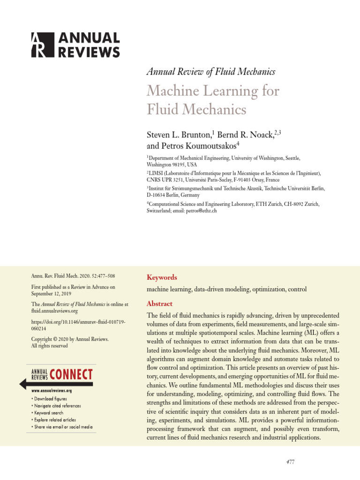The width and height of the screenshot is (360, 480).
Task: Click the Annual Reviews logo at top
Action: click(x=75, y=45)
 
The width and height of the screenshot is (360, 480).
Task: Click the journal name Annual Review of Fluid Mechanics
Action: click(x=210, y=72)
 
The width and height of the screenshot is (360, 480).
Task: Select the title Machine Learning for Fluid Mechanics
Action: click(x=213, y=100)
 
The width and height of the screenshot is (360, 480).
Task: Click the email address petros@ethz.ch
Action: click(x=201, y=211)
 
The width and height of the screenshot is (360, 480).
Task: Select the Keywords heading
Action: click(x=162, y=277)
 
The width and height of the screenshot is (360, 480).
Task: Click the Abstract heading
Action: click(x=159, y=303)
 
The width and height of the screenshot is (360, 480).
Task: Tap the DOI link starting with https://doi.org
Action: click(x=78, y=326)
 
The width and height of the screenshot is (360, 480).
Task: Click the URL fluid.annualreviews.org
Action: click(x=54, y=310)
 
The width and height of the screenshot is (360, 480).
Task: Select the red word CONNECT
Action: click(x=71, y=375)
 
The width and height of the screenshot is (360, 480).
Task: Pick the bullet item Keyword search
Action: click(x=49, y=413)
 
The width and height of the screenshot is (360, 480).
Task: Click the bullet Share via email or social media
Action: click(x=63, y=427)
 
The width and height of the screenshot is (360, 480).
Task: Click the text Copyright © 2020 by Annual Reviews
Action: click(x=69, y=339)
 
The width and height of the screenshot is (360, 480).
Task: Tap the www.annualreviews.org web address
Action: click(x=51, y=390)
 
